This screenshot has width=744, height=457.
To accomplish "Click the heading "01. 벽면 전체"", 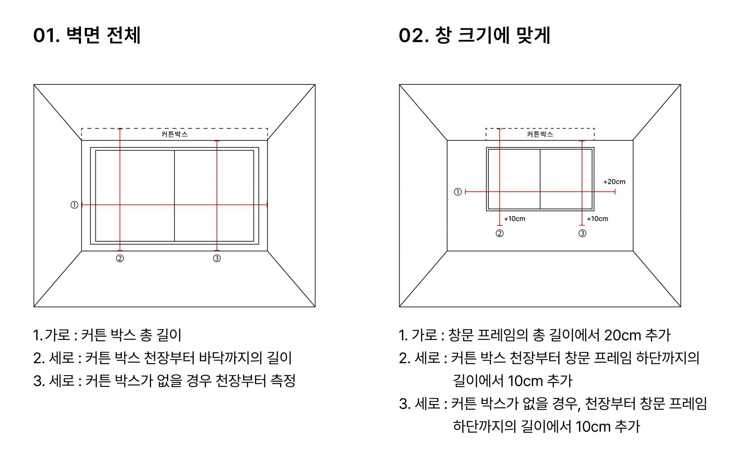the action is point(87,36).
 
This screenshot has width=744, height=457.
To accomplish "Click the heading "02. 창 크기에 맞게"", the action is point(474,36).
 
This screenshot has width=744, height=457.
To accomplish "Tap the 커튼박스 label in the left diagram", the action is point(174,134).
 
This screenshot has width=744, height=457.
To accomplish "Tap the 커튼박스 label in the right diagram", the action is point(540,134).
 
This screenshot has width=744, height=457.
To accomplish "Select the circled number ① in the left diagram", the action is point(74,205).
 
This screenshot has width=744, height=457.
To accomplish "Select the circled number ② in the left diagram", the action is point(120,258).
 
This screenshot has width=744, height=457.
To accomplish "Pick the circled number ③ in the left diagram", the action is point(217,258).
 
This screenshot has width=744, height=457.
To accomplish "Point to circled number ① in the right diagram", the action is point(458,192).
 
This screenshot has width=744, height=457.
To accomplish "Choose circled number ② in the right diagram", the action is point(499,234).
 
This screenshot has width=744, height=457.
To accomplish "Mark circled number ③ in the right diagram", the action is point(582,234).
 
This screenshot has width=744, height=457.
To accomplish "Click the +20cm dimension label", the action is point(614,182).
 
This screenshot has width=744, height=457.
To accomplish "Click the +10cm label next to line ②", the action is point(515,219).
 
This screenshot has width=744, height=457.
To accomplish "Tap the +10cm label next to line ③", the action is point(598,219).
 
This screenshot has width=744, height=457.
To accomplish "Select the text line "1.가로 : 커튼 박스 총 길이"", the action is point(107,335).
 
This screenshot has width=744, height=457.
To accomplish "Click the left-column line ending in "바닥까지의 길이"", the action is point(163,358).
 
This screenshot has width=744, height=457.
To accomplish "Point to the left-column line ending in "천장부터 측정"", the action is point(165,381).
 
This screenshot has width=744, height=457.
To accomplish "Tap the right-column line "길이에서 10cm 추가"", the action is point(512,381).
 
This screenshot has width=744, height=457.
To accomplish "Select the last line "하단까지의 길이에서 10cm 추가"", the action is point(546,426).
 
